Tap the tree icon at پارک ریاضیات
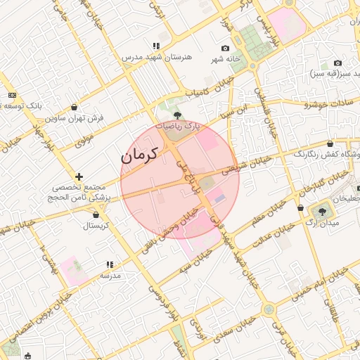(x=176, y=115)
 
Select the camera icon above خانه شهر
(x=225, y=48)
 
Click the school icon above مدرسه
(x=110, y=264)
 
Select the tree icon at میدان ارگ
(x=322, y=210)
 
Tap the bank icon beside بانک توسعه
(x=12, y=95)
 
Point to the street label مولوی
(x=85, y=139)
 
